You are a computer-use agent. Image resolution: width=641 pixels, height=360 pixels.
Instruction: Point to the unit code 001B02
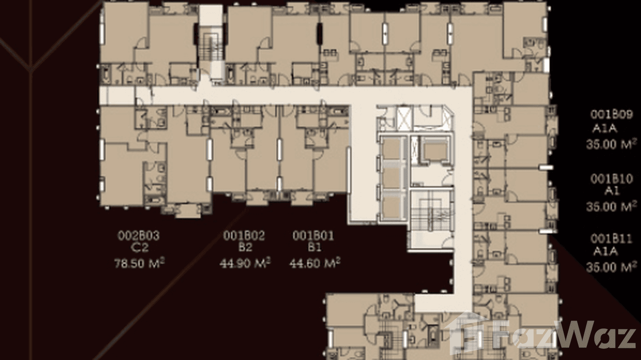pos(244,235)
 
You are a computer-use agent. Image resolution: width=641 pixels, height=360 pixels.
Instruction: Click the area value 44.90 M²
pos(245,262)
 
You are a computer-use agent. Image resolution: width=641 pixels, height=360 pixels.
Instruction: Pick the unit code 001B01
pos(313,235)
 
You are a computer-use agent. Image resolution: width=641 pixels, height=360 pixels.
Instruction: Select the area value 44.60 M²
pos(315,262)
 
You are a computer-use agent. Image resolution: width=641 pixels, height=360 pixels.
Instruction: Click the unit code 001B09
pos(611,115)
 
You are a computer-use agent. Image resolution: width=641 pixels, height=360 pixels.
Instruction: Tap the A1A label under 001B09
pos(605,129)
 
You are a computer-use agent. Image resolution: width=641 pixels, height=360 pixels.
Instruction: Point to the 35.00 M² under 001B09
pos(612,143)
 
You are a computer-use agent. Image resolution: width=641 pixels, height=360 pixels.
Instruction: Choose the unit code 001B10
pos(611,179)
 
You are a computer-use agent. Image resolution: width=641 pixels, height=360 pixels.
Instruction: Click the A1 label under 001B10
pos(612,192)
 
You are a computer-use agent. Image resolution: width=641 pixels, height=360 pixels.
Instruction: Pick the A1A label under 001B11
pos(605,252)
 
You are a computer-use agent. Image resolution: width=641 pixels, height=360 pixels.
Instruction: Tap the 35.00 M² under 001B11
pos(612,266)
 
